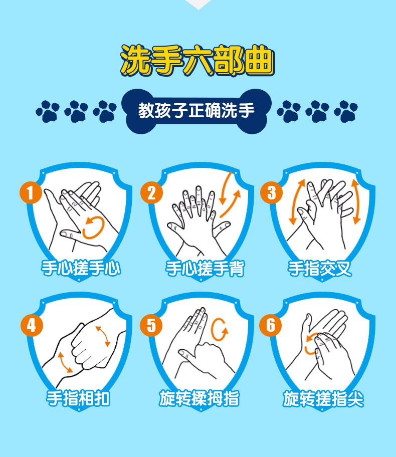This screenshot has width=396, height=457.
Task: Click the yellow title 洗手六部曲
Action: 197,61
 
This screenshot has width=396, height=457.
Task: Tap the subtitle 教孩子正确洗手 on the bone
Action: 196,110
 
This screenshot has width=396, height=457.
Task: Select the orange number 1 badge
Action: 31,192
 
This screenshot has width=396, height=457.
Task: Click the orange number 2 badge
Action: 151,192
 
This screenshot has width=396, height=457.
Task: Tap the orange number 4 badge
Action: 32,325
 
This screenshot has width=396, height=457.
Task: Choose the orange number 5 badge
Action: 151,325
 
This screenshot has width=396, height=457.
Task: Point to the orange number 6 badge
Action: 271,325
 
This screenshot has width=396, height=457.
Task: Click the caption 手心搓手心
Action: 81,268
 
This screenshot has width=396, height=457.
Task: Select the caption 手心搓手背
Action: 205,268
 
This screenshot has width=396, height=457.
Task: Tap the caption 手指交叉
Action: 320,268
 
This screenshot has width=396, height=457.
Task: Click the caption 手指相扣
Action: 78,398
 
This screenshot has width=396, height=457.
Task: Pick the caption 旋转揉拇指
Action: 199,398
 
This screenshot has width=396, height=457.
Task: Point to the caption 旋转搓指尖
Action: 323,398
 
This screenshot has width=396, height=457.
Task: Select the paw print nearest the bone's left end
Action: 105,111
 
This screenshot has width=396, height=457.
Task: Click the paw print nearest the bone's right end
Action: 289,111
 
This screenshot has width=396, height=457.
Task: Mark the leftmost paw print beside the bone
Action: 48,111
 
